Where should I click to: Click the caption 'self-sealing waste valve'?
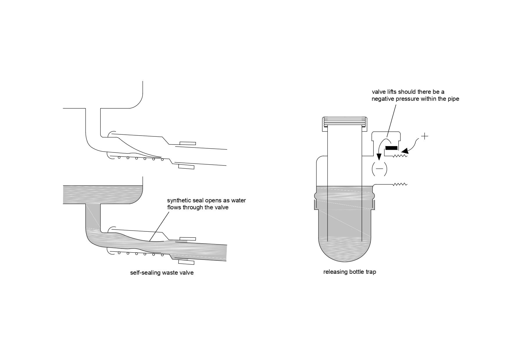pyautogui.click(x=162, y=273)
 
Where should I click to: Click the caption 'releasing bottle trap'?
pyautogui.click(x=350, y=272)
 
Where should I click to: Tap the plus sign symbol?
pyautogui.click(x=425, y=136)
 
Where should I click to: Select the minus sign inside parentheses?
pyautogui.click(x=380, y=169)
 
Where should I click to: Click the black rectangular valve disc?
pyautogui.click(x=391, y=148)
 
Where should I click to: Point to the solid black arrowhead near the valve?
pyautogui.click(x=404, y=151)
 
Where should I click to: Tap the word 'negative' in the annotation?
pyautogui.click(x=383, y=99)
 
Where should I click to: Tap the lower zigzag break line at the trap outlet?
pyautogui.click(x=400, y=184)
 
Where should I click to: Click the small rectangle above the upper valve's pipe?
pyautogui.click(x=187, y=143)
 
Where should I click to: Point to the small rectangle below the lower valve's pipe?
pyautogui.click(x=186, y=262)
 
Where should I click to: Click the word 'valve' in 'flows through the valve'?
pyautogui.click(x=221, y=208)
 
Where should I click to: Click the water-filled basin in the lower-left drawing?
pyautogui.click(x=103, y=194)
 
